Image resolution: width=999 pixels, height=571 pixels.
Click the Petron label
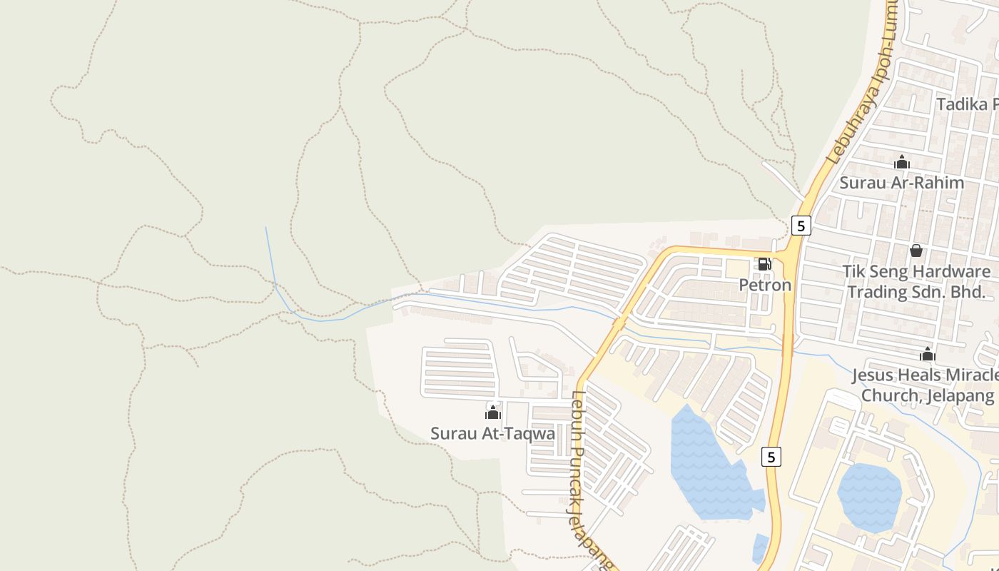click(765, 285)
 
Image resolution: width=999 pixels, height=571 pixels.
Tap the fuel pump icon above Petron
click(764, 264)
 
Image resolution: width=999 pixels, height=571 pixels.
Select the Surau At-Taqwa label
click(492, 433)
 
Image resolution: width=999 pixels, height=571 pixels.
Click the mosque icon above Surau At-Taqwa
click(492, 413)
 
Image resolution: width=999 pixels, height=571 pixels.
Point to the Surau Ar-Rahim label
click(901, 183)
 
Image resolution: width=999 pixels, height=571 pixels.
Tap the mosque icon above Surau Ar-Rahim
click(902, 162)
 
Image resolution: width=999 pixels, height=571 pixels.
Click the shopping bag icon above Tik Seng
click(916, 251)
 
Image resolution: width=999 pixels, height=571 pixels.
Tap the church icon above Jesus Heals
click(927, 354)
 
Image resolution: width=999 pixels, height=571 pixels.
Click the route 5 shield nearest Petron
click(801, 226)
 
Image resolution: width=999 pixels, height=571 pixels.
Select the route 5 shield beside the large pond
click(771, 457)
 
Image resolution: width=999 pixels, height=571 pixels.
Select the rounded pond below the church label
click(869, 497)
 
